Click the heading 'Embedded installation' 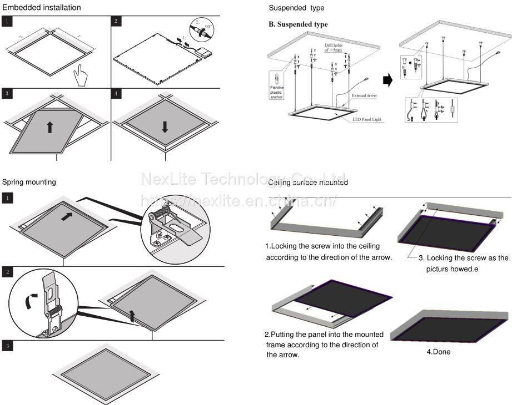pos(42,8)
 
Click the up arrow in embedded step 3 pos(50,126)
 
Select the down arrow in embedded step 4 pos(165,126)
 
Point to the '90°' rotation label pos(208,26)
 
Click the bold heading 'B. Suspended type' pos(298,24)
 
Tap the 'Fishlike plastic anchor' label pos(276,92)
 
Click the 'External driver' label pos(365,95)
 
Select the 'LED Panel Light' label pos(367,119)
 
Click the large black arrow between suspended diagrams pos(388,80)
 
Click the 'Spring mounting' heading pos(29,182)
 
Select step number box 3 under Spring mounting pos(7,346)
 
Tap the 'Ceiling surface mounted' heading pos(308,183)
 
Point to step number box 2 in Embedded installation pos(116,21)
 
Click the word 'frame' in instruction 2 pos(276,345)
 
